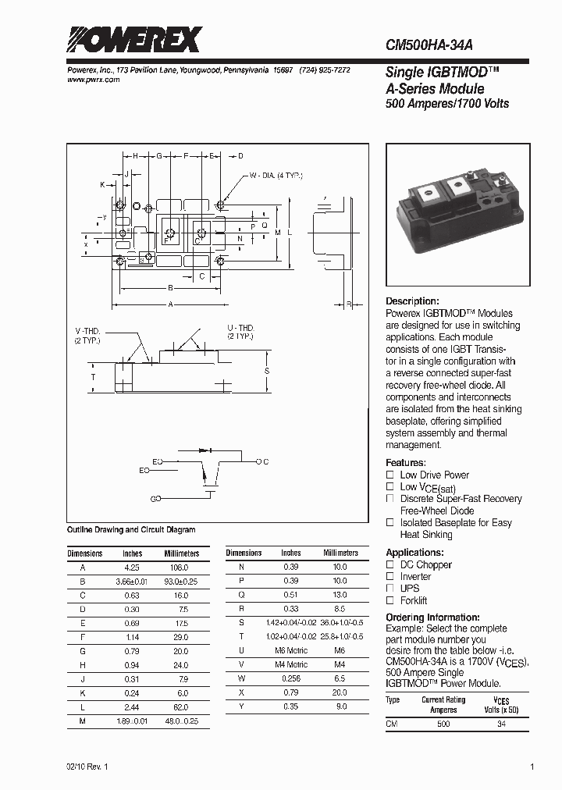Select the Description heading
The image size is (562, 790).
413,301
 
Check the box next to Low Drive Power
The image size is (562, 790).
390,475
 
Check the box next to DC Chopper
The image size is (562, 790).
390,564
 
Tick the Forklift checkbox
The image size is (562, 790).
390,600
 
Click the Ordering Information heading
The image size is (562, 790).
432,617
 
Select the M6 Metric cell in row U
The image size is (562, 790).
291,651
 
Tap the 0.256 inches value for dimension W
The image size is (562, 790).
291,679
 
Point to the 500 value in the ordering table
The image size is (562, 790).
443,724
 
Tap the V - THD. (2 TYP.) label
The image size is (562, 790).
87,336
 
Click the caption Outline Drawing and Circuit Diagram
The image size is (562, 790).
130,529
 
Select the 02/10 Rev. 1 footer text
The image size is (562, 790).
88,767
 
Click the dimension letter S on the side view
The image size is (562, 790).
267,370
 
